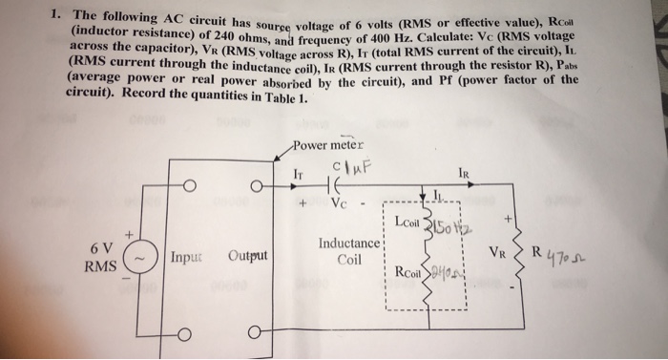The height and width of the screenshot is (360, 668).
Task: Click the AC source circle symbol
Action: tap(140, 259)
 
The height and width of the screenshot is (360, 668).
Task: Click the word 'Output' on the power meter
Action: tap(247, 258)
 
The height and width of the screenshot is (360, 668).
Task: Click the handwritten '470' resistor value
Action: tap(570, 258)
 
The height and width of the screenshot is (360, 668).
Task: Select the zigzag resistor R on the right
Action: tap(521, 257)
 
